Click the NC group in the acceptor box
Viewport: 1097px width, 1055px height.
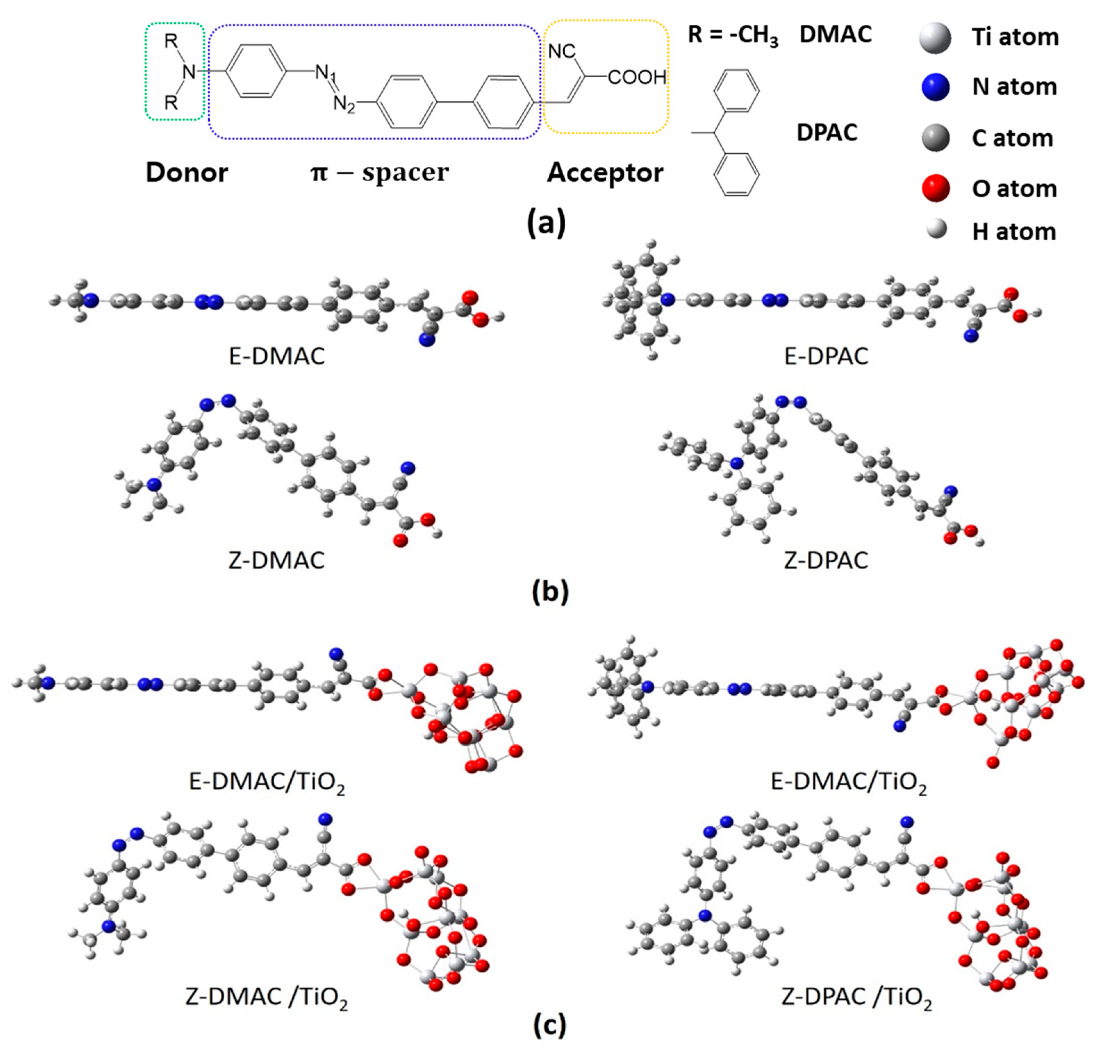(x=562, y=51)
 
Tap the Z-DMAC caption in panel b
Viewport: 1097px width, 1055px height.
(x=276, y=561)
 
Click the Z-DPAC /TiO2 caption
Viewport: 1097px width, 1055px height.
(x=856, y=996)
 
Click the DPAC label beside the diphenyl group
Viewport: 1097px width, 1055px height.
(x=827, y=133)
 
